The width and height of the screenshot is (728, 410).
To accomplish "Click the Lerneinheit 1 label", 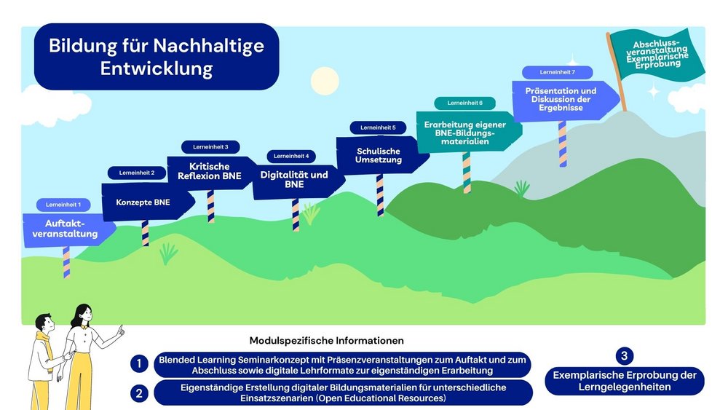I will tap(63, 205).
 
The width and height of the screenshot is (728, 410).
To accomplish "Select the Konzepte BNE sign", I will tap(143, 202).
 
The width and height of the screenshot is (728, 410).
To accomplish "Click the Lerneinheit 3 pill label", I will tap(210, 147).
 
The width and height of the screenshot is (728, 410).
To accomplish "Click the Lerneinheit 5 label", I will tap(378, 127).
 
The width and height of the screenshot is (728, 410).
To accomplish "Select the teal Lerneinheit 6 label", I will tap(464, 103).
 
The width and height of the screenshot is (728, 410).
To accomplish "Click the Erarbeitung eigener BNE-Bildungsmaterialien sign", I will tap(466, 130).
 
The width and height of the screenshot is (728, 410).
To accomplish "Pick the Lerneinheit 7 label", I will tap(558, 73).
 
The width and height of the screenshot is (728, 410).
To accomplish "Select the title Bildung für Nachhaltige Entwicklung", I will tap(157, 57).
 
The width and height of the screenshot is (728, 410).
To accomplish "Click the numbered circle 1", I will tap(138, 363).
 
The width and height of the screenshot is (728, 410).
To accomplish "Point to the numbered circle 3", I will tap(624, 355).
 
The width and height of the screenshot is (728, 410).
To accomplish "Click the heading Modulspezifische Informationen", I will tap(326, 340).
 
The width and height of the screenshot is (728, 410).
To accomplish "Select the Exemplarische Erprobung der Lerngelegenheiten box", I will tap(625, 381).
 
